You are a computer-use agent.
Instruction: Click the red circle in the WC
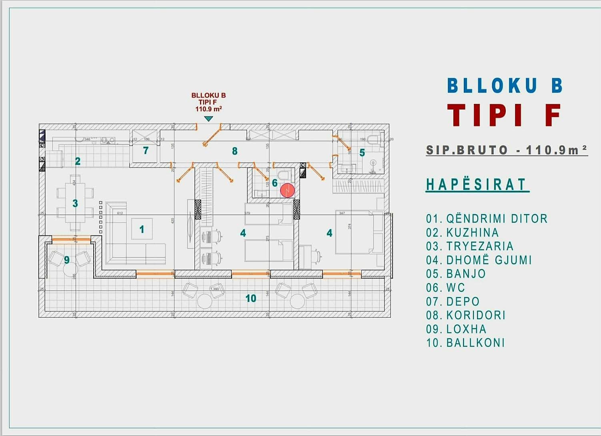click(287, 191)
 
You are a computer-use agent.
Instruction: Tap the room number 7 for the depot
click(146, 151)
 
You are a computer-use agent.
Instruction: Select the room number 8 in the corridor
click(235, 151)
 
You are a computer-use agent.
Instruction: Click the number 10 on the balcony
click(251, 298)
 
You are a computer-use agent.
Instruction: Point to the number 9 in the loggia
click(67, 260)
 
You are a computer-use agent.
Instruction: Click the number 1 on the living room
click(142, 229)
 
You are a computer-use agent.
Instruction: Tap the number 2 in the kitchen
click(78, 161)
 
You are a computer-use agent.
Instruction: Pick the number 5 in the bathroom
click(362, 153)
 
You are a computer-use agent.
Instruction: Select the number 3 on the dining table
click(75, 203)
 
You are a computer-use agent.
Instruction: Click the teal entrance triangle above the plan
click(208, 119)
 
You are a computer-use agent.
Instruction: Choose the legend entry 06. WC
click(445, 288)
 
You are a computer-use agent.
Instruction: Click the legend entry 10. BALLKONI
click(465, 343)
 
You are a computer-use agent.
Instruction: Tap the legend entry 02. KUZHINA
click(462, 233)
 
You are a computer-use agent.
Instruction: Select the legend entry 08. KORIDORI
click(466, 315)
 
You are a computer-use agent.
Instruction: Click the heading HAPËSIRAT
click(476, 185)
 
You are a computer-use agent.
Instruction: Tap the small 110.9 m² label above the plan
click(208, 109)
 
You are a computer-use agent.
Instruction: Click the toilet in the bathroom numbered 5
click(373, 139)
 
